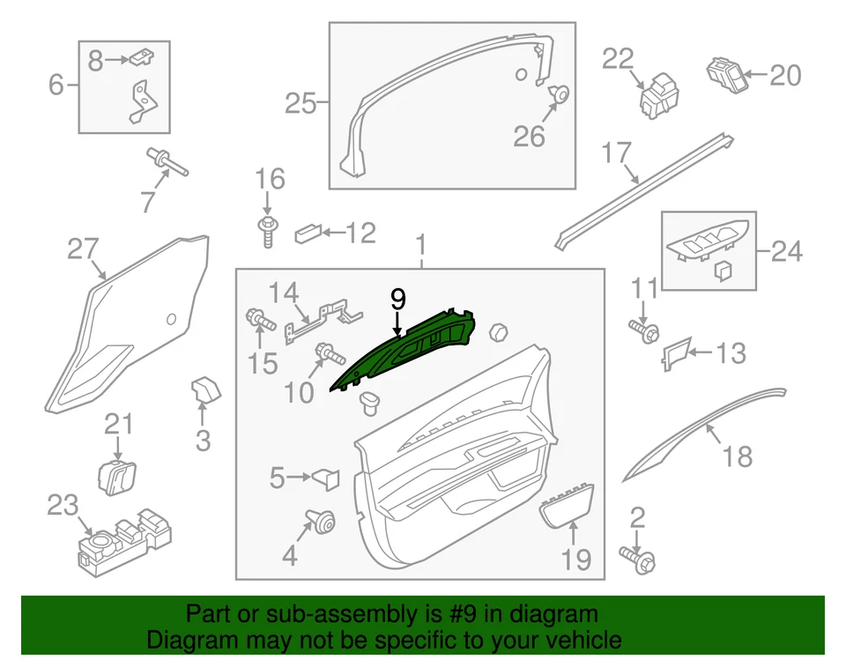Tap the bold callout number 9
[x=397, y=300]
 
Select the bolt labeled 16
[x=267, y=229]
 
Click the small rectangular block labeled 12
[x=307, y=234]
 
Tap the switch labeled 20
[x=726, y=72]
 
